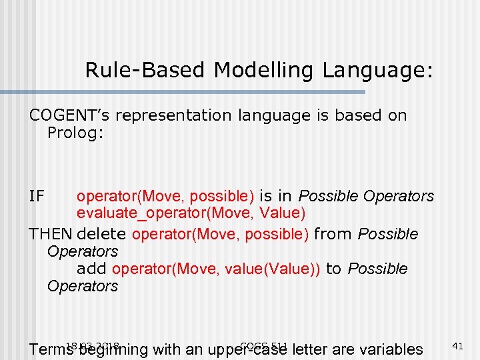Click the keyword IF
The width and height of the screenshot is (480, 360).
37,197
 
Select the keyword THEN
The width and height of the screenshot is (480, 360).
51,234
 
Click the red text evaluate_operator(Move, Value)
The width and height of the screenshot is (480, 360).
191,213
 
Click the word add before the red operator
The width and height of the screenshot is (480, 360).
91,269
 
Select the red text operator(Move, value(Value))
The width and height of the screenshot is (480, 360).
217,269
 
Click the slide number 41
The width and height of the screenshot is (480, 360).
457,346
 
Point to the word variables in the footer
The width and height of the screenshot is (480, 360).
390,349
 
